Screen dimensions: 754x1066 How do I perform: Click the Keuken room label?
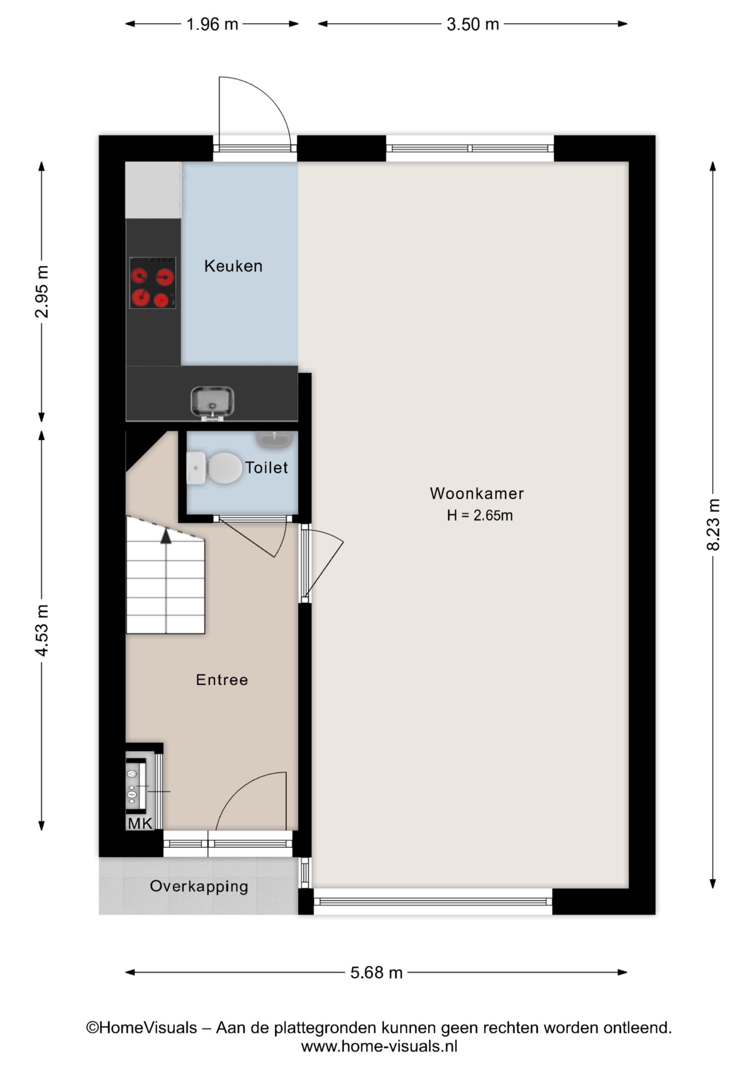pos(233,266)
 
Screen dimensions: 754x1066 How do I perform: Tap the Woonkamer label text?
pos(476,493)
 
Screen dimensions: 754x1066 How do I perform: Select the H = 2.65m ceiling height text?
pos(480,515)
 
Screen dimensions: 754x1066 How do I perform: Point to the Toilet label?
pos(267,467)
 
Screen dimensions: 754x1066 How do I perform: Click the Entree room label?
pos(222,680)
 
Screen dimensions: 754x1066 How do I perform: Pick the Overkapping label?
pos(199,886)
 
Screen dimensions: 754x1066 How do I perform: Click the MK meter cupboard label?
pos(140,823)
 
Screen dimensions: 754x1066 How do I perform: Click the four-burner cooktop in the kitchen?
pos(153,283)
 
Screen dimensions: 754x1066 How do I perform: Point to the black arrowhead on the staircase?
pos(165,536)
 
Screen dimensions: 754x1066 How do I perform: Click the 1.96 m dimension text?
pos(212,24)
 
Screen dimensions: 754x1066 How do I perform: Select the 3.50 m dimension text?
pos(472,24)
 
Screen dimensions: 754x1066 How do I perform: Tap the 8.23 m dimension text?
pos(713,524)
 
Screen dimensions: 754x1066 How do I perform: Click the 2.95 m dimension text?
pos(42,291)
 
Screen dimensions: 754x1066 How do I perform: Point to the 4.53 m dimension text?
pos(42,630)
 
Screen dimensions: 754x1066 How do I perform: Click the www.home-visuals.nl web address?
pos(379,1047)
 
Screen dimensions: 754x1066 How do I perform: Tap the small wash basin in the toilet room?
pos(274,440)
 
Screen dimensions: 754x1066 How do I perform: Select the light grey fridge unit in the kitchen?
pos(153,190)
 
